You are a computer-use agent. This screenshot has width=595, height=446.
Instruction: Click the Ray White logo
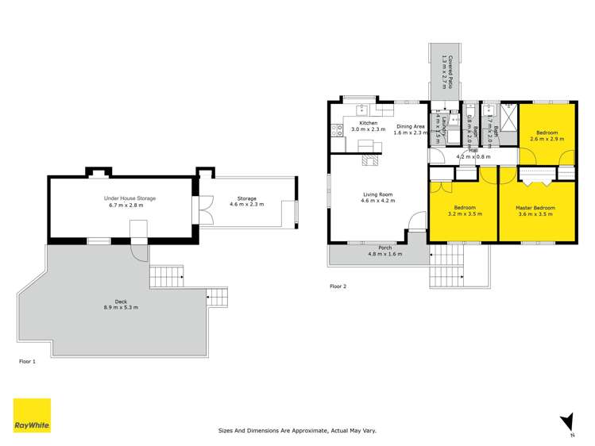point(32,415)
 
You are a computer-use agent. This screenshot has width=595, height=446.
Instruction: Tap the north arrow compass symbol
point(566,422)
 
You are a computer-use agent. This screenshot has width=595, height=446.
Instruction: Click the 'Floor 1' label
point(28,360)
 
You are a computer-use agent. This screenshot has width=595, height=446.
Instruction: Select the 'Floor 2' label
point(338,286)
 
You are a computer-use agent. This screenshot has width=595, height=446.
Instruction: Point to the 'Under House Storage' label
point(129,198)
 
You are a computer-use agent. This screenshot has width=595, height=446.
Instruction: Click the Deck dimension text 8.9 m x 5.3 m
point(121,307)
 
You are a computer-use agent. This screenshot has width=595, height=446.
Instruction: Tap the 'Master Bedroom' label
point(535,208)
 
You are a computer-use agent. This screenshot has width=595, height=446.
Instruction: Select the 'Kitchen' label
point(368,123)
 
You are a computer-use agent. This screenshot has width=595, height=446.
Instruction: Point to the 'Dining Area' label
point(411,126)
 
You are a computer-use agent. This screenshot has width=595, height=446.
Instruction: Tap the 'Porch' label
point(385,248)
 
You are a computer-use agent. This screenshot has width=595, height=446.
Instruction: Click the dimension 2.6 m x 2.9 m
point(547,139)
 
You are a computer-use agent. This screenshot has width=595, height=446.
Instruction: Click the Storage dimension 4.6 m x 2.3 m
point(246,204)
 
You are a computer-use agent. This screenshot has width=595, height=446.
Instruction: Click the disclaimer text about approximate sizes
point(297,431)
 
